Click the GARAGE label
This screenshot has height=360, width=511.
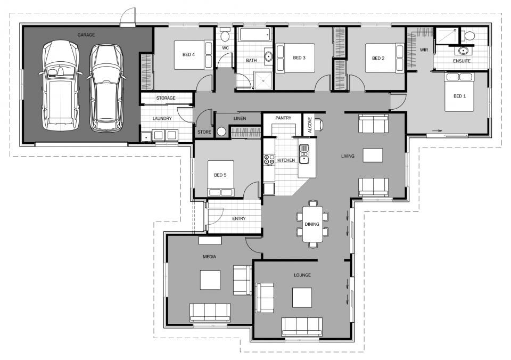pos(86,35)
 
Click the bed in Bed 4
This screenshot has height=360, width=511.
pos(189,54)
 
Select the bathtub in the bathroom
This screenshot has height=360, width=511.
pos(254,35)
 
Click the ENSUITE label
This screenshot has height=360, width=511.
pos(461,61)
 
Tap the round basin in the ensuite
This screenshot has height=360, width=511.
pos(462,51)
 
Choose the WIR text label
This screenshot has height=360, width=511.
pos(424,50)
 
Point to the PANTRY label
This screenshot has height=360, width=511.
pos(283,118)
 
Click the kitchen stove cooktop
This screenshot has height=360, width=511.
pos(269,159)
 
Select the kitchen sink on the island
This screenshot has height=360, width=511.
pos(304,152)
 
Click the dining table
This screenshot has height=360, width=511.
pos(312,224)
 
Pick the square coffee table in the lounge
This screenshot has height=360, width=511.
pos(302,297)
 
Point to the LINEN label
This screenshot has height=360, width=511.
pos(240,118)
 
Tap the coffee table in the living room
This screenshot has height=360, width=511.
pos(373,155)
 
